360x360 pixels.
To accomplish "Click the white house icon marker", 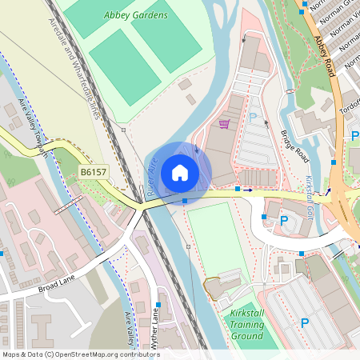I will click(x=180, y=172).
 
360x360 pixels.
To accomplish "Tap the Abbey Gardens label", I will click(x=136, y=15).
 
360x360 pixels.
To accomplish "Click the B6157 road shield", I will click(x=94, y=171).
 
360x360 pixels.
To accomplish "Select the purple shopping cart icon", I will click(x=225, y=124).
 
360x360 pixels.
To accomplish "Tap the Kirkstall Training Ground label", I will click(x=244, y=324).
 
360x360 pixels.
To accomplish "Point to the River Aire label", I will click(x=150, y=177).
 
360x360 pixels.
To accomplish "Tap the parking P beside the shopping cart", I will click(x=254, y=118).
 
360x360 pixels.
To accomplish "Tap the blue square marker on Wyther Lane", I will click(x=159, y=305).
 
